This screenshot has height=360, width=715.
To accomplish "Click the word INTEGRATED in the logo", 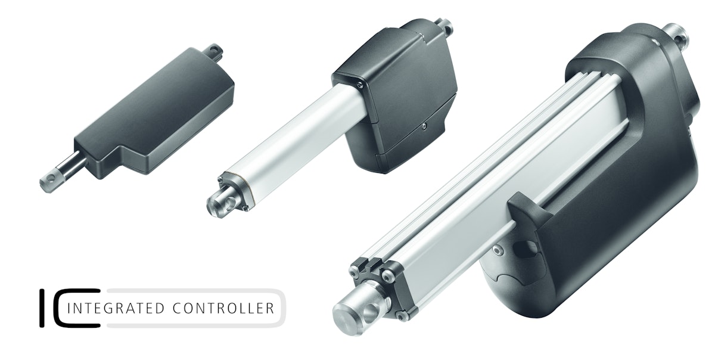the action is click(x=117, y=308).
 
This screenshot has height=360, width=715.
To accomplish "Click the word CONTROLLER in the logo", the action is click(x=223, y=308).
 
